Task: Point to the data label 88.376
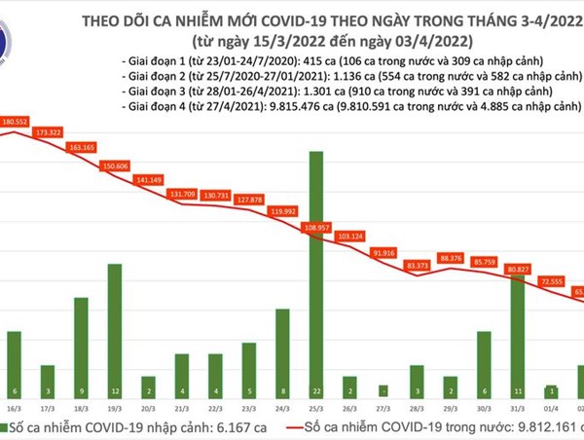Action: click(451, 258)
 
